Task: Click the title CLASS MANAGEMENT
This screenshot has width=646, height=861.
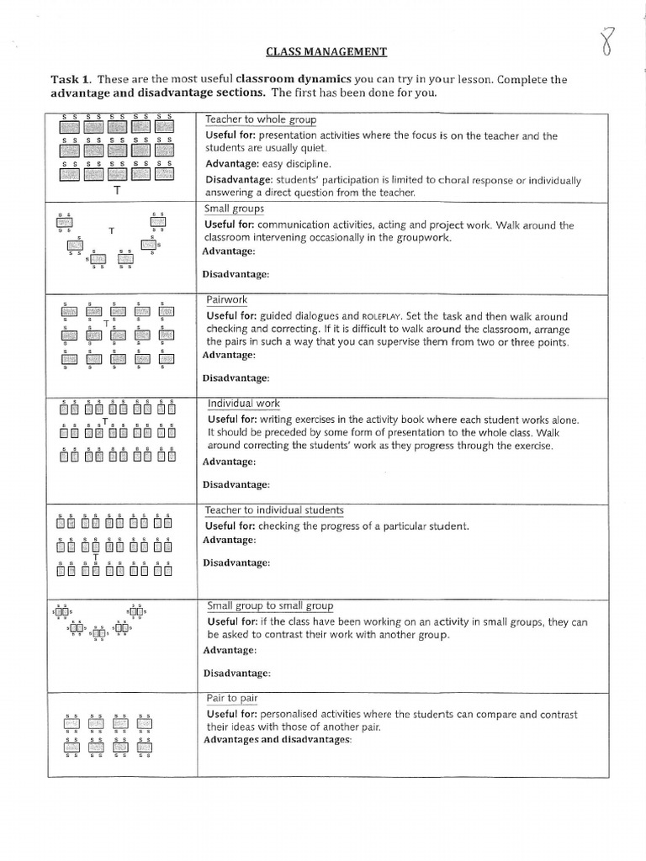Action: pos(326,52)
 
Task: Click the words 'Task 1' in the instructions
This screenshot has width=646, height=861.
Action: pos(73,80)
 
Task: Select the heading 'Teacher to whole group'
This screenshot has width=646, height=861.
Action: pos(261,119)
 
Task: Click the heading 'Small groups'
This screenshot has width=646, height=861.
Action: pos(234,209)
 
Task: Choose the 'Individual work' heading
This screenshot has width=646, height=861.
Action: pos(244,404)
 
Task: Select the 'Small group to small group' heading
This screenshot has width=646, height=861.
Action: pos(270,605)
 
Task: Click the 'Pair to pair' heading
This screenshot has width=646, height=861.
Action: pos(232,698)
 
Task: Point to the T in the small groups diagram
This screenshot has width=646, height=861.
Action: pos(111,230)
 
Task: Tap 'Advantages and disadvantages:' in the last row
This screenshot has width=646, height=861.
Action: pos(277,740)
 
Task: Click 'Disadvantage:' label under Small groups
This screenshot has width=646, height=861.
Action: pos(236,274)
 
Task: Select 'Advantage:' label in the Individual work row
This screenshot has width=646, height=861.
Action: pos(228,462)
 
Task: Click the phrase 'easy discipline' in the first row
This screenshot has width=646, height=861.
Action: pos(295,164)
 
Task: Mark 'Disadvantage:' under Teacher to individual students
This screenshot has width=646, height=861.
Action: pos(236,563)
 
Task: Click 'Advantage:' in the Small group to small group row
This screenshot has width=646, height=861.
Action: pos(228,650)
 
